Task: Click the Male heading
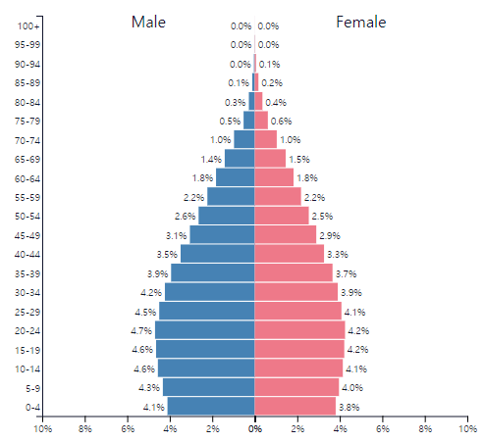coord(148,23)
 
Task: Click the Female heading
coord(361,23)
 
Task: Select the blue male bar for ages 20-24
coord(205,330)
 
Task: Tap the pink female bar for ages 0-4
coord(296,406)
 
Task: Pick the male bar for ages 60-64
coord(236,177)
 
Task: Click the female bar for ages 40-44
coord(290,254)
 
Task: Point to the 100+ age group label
coord(28,26)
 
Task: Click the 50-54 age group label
coord(27,217)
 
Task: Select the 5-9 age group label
coord(33,388)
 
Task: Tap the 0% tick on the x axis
coord(255,428)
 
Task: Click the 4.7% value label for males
coord(141,331)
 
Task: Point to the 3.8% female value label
coord(350,407)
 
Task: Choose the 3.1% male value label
coord(177,235)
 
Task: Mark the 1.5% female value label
coord(299,160)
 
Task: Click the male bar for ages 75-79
coord(249,121)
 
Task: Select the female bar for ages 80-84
coord(258,101)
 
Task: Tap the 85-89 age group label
coord(27,83)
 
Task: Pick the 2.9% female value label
coord(330,235)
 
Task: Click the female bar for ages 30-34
coord(296,292)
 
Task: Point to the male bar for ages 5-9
coord(209,387)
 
